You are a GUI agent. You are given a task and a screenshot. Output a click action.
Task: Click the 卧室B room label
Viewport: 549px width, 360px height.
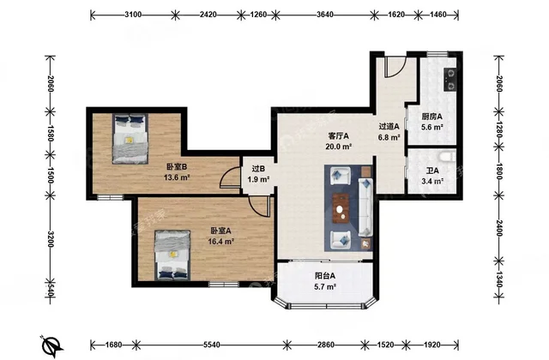177,167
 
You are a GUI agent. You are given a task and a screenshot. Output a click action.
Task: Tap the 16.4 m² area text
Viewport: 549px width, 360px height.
221,242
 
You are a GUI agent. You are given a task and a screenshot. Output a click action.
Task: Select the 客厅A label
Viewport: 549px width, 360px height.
339,135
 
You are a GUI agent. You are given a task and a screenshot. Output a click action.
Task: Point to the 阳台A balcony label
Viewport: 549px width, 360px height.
325,276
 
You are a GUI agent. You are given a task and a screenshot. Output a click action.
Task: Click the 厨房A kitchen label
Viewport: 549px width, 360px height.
432,117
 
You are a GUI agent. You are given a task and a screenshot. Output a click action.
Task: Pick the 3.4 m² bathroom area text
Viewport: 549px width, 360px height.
432,181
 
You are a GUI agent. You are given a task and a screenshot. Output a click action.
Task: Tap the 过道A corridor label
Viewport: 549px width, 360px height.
389,126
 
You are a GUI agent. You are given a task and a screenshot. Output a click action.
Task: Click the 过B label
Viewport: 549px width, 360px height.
258,169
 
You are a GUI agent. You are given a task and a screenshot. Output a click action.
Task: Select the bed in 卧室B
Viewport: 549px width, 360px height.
130,139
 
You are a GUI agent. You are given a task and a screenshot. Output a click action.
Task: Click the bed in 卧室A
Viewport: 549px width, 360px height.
172,255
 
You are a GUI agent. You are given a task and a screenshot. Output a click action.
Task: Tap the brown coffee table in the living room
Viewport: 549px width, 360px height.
341,208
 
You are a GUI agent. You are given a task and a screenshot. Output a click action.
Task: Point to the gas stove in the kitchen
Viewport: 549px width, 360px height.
450,80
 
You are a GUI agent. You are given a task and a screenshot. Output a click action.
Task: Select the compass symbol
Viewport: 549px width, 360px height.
51,345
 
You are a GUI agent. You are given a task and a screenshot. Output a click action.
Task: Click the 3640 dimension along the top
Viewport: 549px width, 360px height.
325,15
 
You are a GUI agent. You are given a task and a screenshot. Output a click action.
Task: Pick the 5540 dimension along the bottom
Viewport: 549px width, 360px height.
212,345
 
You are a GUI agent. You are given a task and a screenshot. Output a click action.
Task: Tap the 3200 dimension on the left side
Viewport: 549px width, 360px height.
51,239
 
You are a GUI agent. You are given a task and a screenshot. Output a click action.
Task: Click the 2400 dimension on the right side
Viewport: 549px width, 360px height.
499,228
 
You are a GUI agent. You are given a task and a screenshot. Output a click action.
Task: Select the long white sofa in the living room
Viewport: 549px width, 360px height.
365,207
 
